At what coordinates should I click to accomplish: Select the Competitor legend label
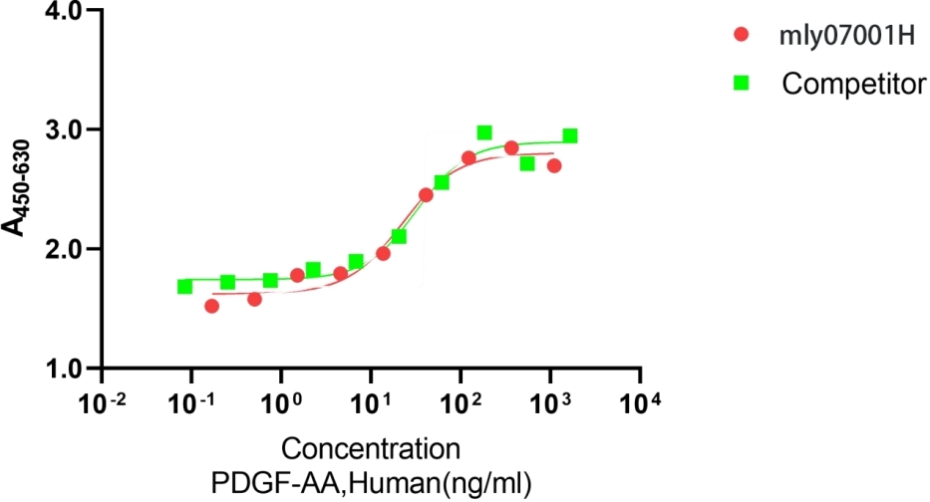(853, 84)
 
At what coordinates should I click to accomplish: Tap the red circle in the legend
(740, 36)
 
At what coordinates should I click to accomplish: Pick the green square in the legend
(740, 84)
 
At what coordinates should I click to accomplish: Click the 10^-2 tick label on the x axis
(102, 404)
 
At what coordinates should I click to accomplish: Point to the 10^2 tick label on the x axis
(461, 404)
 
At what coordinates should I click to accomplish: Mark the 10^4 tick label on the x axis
(640, 404)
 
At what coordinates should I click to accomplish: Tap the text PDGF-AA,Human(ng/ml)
(370, 483)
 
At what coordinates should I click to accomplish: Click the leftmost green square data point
(184, 287)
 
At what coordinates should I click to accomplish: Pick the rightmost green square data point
(570, 135)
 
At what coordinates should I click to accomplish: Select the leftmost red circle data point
(211, 306)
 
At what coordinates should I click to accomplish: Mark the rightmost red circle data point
(554, 165)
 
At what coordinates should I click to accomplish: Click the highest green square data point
(484, 132)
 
